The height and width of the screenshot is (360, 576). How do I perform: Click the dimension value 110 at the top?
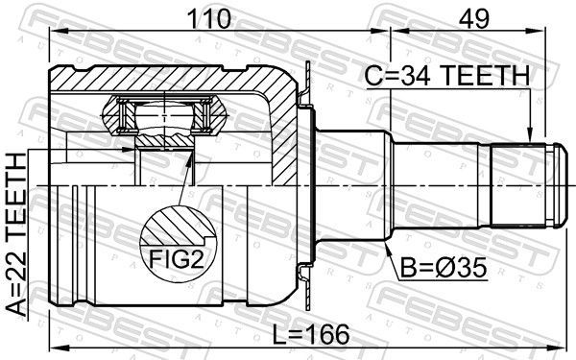point(209,19)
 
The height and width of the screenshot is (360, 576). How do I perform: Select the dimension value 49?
point(474,19)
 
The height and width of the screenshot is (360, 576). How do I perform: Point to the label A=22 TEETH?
point(17,235)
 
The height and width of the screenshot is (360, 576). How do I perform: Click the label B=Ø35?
point(444,268)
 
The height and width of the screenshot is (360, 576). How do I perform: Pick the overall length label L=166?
point(311,335)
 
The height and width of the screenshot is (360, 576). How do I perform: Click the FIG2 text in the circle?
point(177,259)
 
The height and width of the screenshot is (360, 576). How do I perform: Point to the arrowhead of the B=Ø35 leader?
point(387,247)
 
